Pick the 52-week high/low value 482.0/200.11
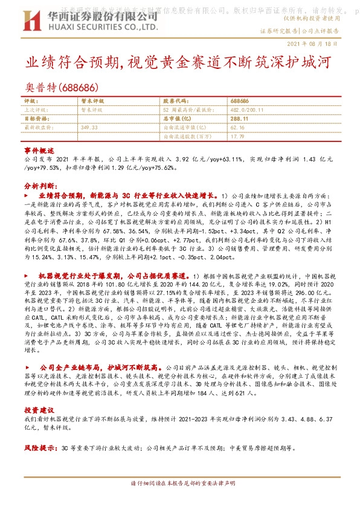click(248, 110)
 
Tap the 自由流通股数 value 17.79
click(237, 137)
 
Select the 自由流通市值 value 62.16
click(237, 128)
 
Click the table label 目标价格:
click(36, 119)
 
